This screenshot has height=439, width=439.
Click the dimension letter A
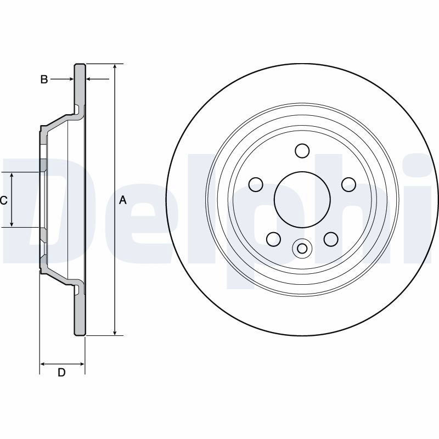[x=123, y=200]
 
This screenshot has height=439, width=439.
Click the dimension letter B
[x=44, y=80]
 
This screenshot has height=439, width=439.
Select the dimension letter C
[x=3, y=200]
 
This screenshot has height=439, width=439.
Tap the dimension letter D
[x=61, y=373]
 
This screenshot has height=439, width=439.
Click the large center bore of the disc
[x=302, y=199]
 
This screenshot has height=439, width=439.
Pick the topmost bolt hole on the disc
[x=302, y=150]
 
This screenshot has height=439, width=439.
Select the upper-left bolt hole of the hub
[x=256, y=184]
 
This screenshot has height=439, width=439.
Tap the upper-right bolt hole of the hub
[x=349, y=184]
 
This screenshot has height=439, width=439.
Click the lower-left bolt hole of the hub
[x=273, y=239]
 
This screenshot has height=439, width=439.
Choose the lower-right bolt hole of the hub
[x=331, y=239]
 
